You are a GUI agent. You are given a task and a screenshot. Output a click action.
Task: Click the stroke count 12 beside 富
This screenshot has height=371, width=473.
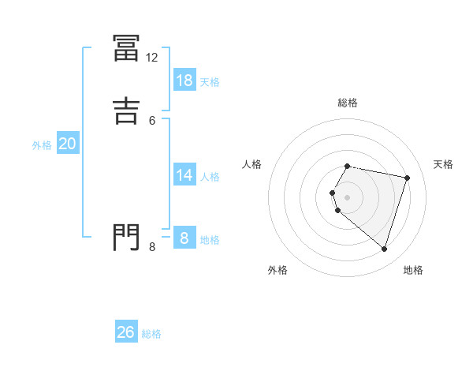click(x=152, y=58)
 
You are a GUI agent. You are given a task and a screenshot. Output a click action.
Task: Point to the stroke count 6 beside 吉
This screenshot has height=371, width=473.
click(x=152, y=120)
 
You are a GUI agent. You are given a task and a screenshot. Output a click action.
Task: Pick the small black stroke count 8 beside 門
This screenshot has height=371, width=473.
click(x=152, y=247)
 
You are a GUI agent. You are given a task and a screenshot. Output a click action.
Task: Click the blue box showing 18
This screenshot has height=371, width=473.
click(x=184, y=81)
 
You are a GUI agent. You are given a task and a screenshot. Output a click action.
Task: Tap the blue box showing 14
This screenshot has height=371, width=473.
click(x=184, y=175)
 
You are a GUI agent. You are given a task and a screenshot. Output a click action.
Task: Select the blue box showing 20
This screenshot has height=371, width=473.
click(x=68, y=144)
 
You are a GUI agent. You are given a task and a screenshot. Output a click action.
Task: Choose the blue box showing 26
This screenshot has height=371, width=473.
click(x=126, y=332)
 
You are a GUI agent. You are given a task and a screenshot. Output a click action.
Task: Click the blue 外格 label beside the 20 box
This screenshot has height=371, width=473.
click(x=41, y=145)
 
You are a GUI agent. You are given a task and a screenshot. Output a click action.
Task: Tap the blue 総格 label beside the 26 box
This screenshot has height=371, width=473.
click(x=151, y=334)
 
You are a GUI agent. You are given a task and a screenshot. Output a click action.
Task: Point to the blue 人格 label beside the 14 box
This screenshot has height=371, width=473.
click(x=210, y=177)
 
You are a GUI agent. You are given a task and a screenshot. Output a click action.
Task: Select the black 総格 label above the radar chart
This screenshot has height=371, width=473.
click(x=348, y=103)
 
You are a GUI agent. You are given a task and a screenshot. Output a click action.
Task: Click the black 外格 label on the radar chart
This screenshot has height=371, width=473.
click(x=277, y=270)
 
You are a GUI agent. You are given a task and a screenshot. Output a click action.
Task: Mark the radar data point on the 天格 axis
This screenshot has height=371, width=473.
click(x=408, y=178)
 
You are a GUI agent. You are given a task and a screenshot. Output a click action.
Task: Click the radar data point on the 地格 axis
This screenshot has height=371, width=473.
click(x=385, y=249)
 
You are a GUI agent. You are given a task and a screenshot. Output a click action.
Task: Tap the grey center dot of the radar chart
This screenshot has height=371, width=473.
click(x=348, y=197)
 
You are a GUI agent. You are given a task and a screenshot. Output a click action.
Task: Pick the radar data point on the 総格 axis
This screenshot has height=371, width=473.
click(x=348, y=167)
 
